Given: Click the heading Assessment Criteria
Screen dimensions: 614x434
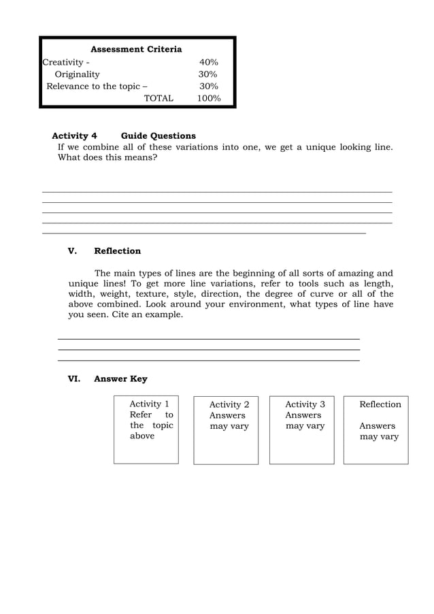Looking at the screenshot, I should pyautogui.click(x=136, y=50).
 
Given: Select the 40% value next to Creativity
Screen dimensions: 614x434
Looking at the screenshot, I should pyautogui.click(x=208, y=62).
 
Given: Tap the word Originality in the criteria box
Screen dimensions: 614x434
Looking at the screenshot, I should pyautogui.click(x=77, y=74).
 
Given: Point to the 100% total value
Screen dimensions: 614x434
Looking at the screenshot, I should pyautogui.click(x=208, y=98).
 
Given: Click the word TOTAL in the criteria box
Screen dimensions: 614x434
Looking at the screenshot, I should pyautogui.click(x=158, y=98).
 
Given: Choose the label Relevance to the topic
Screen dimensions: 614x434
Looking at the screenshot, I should pyautogui.click(x=96, y=86).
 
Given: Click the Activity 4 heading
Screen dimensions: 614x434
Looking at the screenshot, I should pyautogui.click(x=75, y=135).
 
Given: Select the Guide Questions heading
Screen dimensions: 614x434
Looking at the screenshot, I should pyautogui.click(x=158, y=135).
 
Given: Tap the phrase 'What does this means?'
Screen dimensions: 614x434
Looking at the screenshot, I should pyautogui.click(x=107, y=157).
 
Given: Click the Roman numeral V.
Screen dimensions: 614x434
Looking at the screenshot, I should pyautogui.click(x=72, y=251).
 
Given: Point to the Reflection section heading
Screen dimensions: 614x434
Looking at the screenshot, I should pyautogui.click(x=117, y=251).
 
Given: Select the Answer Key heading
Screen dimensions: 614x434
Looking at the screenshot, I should pyautogui.click(x=120, y=378).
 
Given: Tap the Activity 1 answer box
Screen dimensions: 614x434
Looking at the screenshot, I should pyautogui.click(x=146, y=430).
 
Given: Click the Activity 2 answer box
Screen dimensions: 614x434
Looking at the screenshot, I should pyautogui.click(x=226, y=430).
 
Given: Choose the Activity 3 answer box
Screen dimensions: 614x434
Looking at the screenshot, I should pyautogui.click(x=302, y=430).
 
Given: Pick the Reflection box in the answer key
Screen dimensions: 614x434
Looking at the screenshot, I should pyautogui.click(x=376, y=430).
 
